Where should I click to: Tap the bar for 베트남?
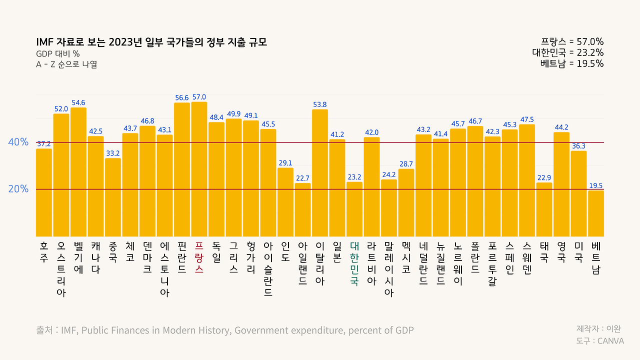pyautogui.click(x=596, y=213)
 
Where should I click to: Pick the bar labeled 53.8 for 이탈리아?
pyautogui.click(x=320, y=173)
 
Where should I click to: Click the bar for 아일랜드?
pyautogui.click(x=302, y=209)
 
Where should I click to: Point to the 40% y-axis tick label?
pyautogui.click(x=18, y=142)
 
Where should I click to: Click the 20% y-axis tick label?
pyautogui.click(x=18, y=189)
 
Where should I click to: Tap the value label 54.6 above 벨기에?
pyautogui.click(x=78, y=103)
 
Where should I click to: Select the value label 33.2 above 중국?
pyautogui.click(x=113, y=153)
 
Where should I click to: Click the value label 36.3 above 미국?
pyautogui.click(x=578, y=146)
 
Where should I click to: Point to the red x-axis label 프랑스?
pyautogui.click(x=199, y=257)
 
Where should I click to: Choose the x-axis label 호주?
pyautogui.click(x=44, y=252)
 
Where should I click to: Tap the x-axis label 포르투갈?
pyautogui.click(x=492, y=263)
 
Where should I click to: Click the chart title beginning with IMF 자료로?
pyautogui.click(x=151, y=42)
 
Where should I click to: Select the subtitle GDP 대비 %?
pyautogui.click(x=58, y=54)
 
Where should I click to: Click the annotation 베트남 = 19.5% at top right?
pyautogui.click(x=571, y=63)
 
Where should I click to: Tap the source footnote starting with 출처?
pyautogui.click(x=225, y=330)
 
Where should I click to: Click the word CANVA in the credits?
pyautogui.click(x=610, y=341)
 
